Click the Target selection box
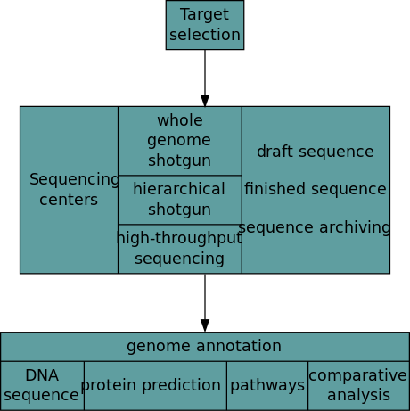point(204,25)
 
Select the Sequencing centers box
point(69,190)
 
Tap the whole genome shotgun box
point(179,141)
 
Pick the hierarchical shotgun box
point(179,200)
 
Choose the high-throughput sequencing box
point(179,249)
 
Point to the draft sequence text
point(315,152)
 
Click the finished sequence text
point(315,189)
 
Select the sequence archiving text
point(315,227)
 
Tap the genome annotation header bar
point(204,346)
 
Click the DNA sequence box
point(42,385)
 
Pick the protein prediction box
point(155,385)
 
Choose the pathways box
point(266,385)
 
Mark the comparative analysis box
point(358,385)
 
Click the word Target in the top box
point(204,15)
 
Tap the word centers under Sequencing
point(69,200)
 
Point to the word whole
point(179,120)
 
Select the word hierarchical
point(179,189)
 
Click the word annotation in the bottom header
point(236,346)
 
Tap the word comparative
point(358,375)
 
